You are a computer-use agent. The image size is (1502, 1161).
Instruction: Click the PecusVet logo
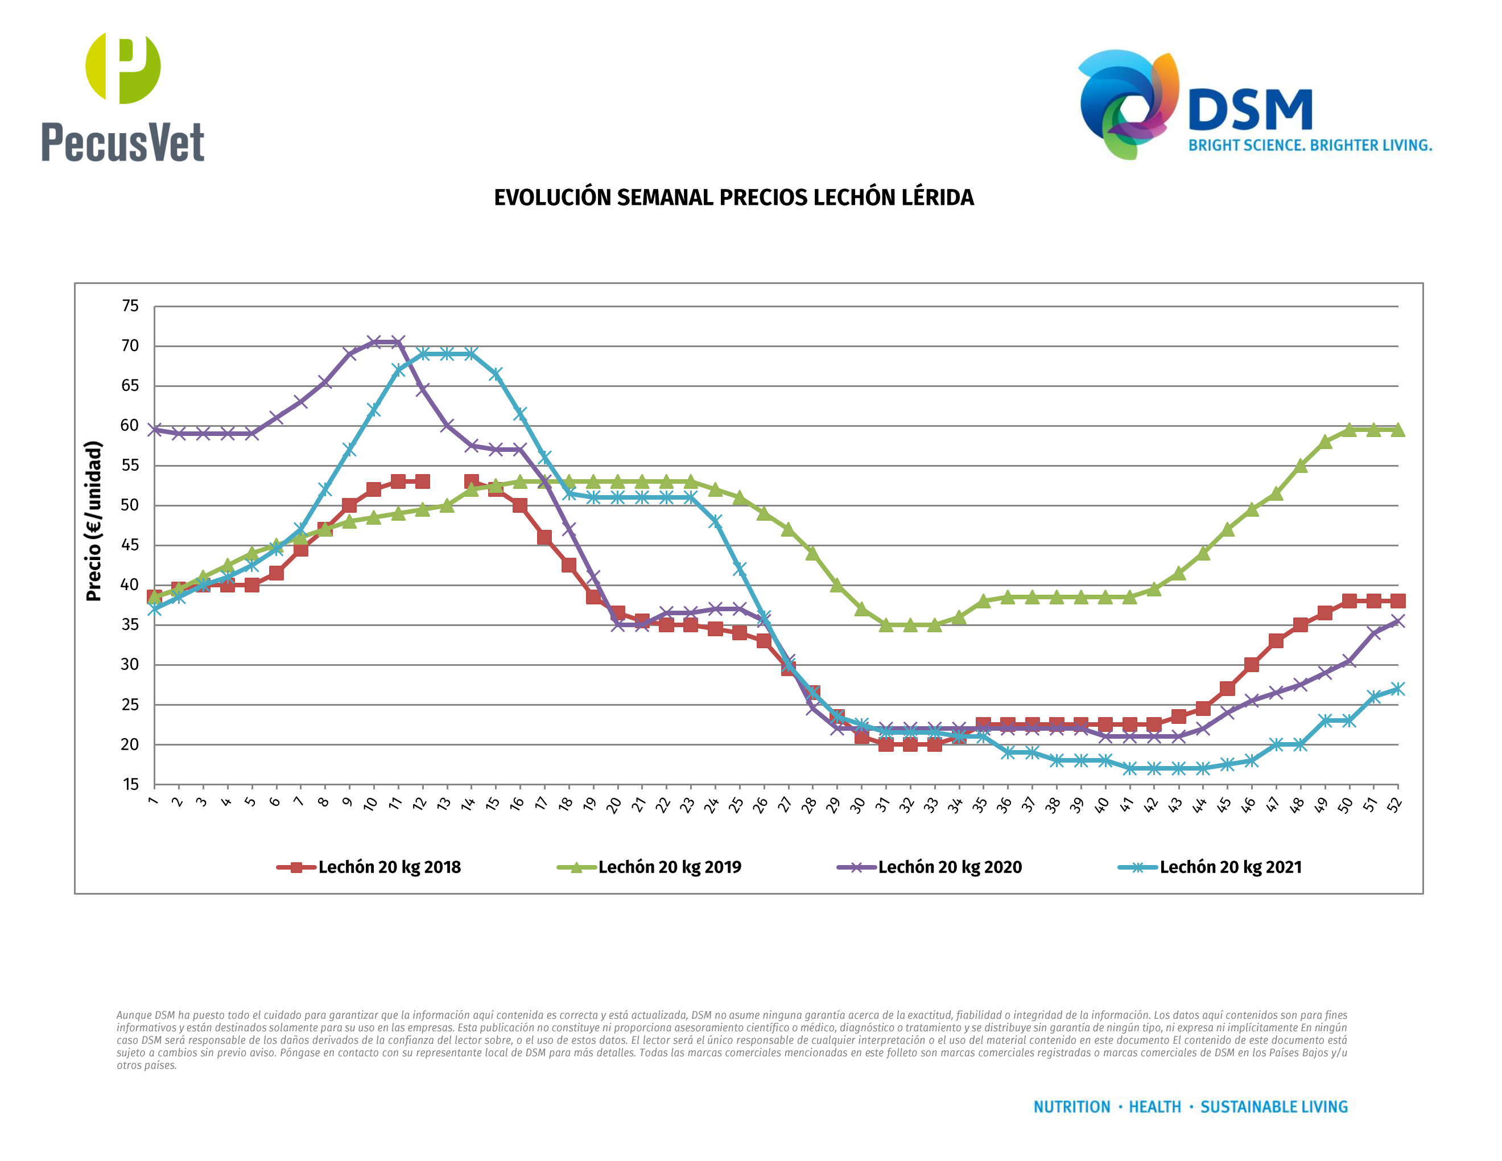click(122, 96)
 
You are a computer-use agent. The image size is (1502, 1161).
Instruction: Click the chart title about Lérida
click(733, 198)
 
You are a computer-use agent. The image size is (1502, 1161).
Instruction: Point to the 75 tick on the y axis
click(130, 306)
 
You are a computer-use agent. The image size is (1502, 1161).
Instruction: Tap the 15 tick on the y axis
click(130, 784)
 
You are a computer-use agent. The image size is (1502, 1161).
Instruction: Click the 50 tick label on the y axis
click(130, 505)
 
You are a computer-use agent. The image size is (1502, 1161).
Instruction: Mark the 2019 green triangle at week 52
click(1397, 430)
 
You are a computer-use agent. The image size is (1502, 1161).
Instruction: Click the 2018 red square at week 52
click(1397, 600)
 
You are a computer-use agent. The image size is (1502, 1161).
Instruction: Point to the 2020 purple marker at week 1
click(155, 429)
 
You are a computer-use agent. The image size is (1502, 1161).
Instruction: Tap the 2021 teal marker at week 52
click(1397, 689)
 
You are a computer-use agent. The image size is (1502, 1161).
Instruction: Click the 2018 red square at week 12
click(422, 481)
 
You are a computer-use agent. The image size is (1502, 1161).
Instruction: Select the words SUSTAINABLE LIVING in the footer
click(1274, 1107)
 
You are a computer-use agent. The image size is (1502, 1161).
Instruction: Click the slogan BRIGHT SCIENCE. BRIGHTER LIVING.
click(1310, 146)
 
